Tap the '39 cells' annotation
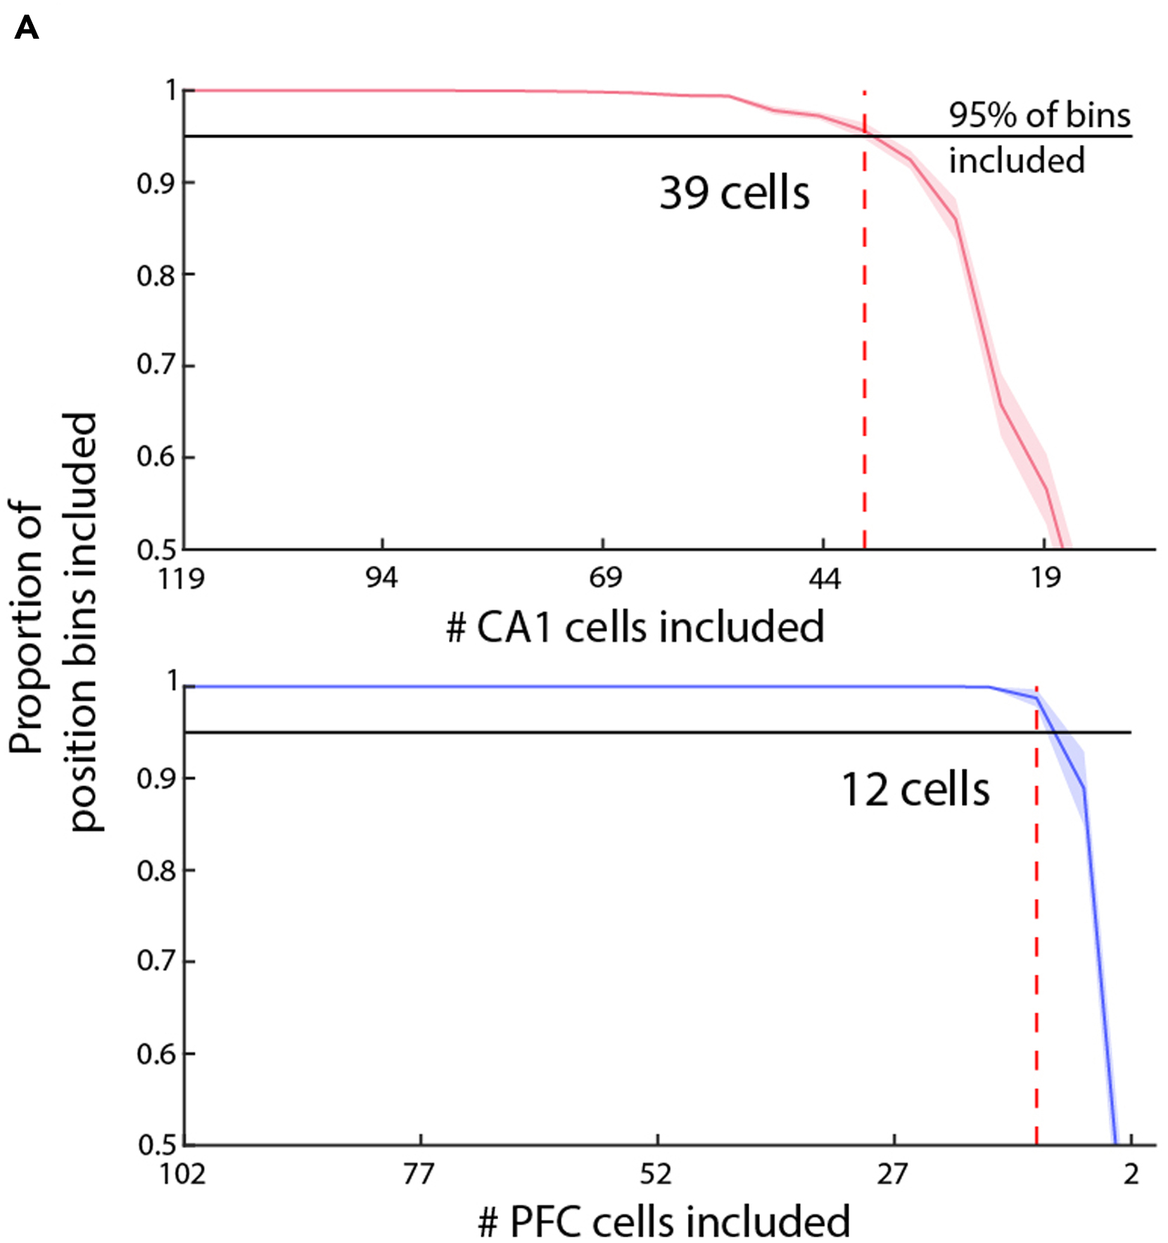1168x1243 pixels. pyautogui.click(x=734, y=193)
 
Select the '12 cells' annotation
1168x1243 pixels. pyautogui.click(x=915, y=789)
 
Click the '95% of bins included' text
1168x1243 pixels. pyautogui.click(x=1038, y=137)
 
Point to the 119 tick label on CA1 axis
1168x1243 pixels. pyautogui.click(x=182, y=579)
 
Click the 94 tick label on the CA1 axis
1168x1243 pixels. pyautogui.click(x=381, y=579)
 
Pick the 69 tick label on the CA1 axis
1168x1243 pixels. pyautogui.click(x=605, y=579)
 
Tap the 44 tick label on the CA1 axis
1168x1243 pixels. pyautogui.click(x=824, y=579)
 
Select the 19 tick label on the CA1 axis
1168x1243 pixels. pyautogui.click(x=1045, y=579)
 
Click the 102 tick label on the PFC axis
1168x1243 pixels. pyautogui.click(x=183, y=1175)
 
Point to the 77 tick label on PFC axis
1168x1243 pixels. pyautogui.click(x=419, y=1175)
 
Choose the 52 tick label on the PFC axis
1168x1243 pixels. pyautogui.click(x=656, y=1175)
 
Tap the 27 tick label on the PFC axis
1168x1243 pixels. pyautogui.click(x=892, y=1175)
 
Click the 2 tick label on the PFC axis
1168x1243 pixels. pyautogui.click(x=1130, y=1175)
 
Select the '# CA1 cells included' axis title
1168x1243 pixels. pyautogui.click(x=635, y=627)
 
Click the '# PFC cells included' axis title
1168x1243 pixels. pyautogui.click(x=664, y=1222)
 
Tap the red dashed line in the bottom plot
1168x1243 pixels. pyautogui.click(x=1036, y=915)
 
